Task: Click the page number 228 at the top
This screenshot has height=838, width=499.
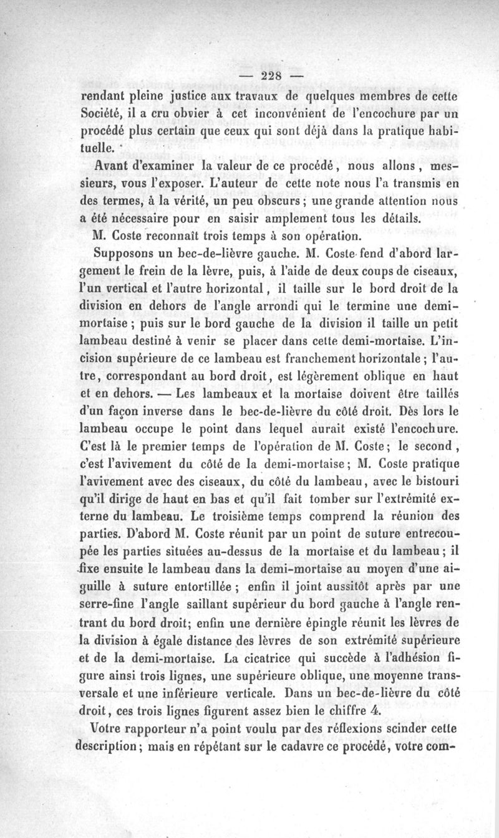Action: (273, 76)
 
